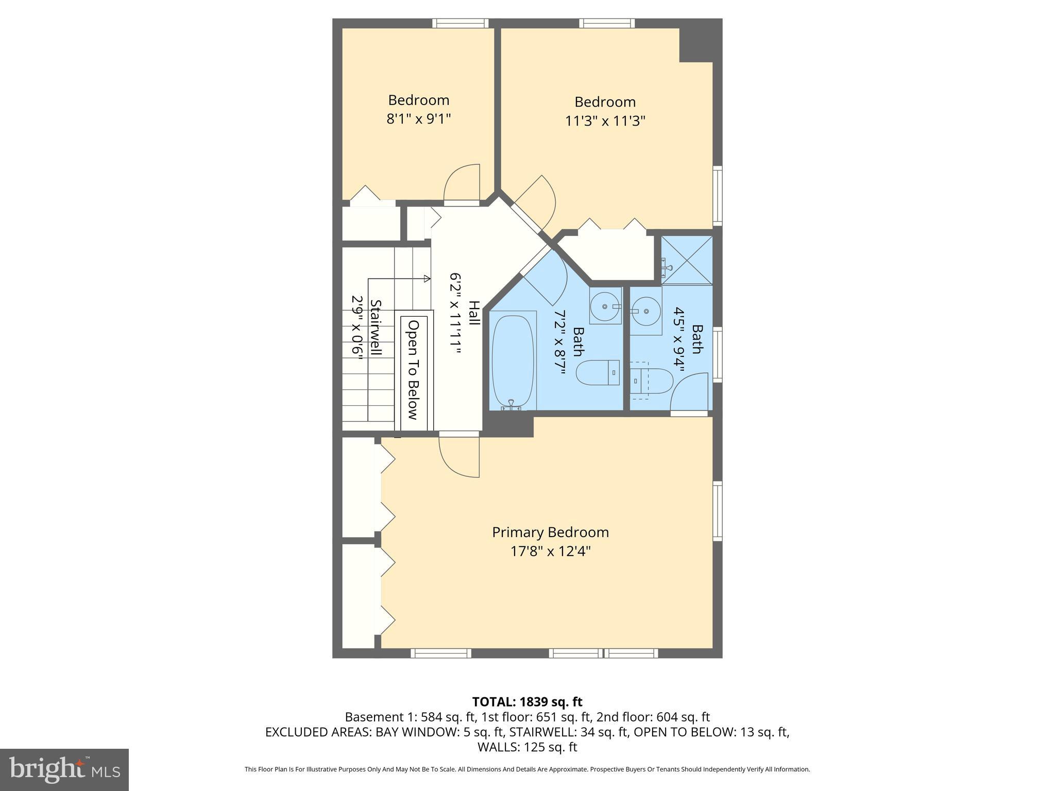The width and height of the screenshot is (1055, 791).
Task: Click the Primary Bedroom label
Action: coord(550,532)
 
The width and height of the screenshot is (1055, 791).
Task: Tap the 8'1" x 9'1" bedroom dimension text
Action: coord(418,119)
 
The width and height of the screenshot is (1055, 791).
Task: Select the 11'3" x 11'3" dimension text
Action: coord(605,121)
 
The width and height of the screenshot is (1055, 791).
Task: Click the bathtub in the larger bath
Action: coord(513,360)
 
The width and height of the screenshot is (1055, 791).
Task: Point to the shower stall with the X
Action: coord(687,260)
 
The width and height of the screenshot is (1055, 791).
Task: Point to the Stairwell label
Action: coord(376,328)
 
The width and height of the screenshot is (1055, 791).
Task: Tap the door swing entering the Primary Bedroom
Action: coord(459,456)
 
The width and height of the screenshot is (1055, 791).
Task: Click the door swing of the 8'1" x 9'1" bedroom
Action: coord(462,183)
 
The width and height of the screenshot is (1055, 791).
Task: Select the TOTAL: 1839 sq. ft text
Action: coord(527,701)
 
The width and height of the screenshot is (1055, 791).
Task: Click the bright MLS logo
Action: coord(64,769)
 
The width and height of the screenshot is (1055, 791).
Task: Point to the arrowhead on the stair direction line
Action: coord(427,279)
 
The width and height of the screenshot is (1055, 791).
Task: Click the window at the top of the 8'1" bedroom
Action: coord(460,23)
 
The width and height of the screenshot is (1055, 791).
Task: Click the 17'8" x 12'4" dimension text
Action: coord(550,552)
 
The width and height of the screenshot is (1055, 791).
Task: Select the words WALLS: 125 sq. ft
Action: coord(527,747)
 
